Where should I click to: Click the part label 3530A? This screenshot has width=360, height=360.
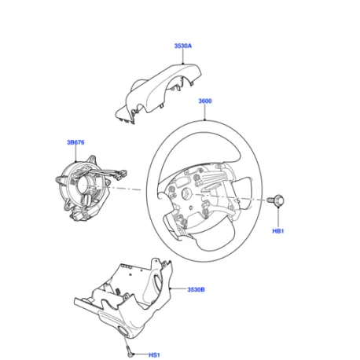(183, 46)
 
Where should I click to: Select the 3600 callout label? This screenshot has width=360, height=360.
(205, 101)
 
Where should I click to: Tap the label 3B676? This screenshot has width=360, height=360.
(75, 142)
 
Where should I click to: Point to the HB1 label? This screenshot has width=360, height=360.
(278, 231)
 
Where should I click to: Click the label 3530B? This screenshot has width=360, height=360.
(196, 289)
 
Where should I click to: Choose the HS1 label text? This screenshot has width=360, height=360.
(154, 354)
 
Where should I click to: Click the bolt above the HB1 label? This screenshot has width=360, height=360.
(276, 200)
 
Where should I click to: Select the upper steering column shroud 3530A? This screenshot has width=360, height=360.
(160, 93)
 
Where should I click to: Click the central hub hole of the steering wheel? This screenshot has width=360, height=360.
(187, 194)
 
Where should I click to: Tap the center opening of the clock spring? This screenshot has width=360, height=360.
(83, 183)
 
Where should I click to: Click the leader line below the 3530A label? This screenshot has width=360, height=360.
(183, 57)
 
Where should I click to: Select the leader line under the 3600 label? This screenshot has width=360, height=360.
(205, 112)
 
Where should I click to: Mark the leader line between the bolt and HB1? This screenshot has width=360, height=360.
(278, 217)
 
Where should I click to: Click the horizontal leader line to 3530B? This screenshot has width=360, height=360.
(178, 289)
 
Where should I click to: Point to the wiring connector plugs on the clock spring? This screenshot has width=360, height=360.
(120, 174)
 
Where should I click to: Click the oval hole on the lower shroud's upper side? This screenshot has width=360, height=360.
(157, 282)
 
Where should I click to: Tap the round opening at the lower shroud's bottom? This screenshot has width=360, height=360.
(123, 331)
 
